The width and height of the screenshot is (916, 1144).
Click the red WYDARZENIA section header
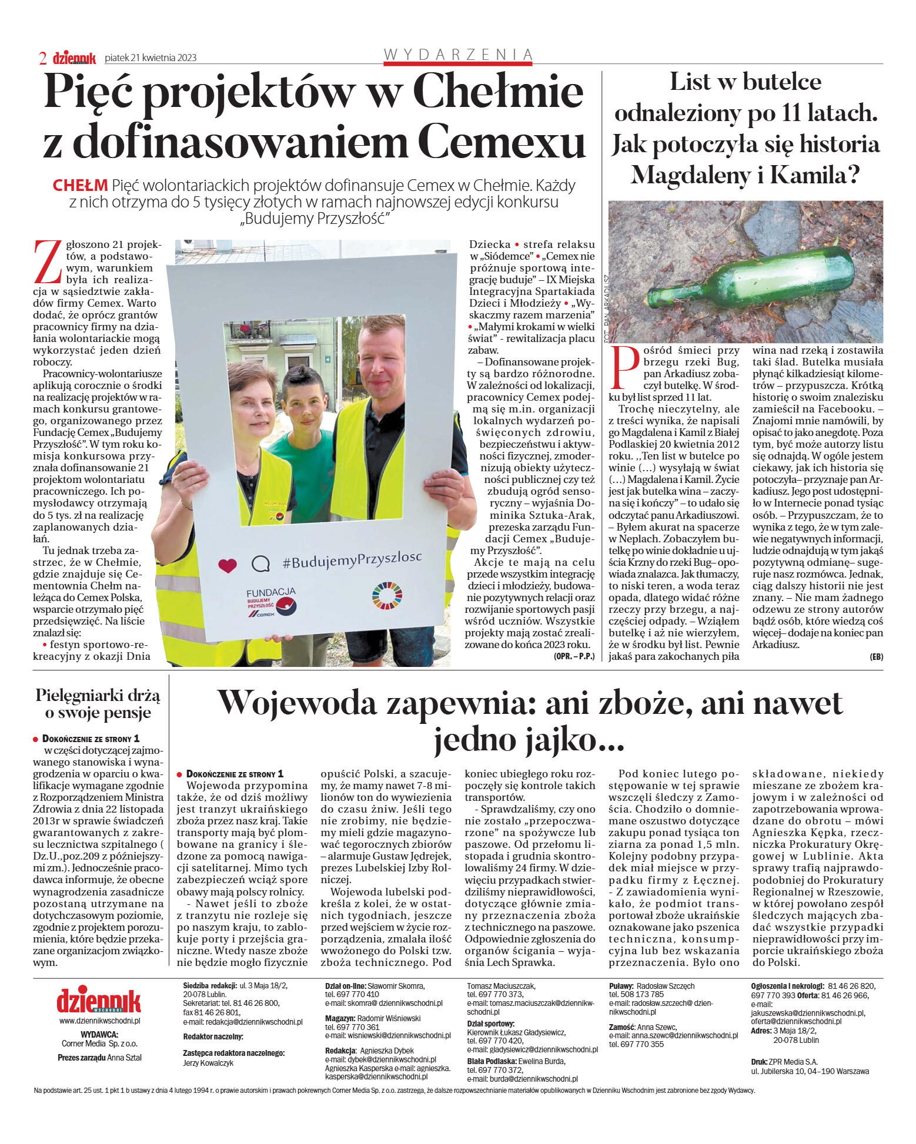pos(458,55)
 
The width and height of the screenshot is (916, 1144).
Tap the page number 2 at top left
pos(43,58)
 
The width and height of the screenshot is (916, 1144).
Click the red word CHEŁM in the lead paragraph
pos(80,186)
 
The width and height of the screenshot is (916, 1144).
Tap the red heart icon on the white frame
pos(227,565)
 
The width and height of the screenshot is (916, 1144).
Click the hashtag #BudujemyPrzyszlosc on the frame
pos(352,559)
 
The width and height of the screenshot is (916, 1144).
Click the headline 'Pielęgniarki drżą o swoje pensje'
pos(98,704)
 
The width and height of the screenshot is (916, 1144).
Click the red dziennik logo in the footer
pos(99,1001)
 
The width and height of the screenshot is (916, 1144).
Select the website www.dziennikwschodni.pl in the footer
pos(99,1021)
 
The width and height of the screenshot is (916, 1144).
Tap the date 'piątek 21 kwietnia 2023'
pos(151,58)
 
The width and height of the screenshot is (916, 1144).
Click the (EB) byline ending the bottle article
pos(876,657)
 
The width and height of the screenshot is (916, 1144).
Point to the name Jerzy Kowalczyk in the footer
pos(208,1063)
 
